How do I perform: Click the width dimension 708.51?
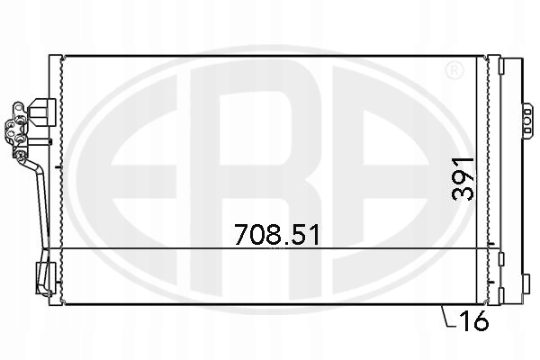tap(277, 234)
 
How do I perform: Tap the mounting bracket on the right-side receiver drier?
tap(526, 117)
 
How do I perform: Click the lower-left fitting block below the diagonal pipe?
tap(43, 273)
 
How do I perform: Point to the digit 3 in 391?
tap(463, 196)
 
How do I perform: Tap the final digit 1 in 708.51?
tap(314, 234)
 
